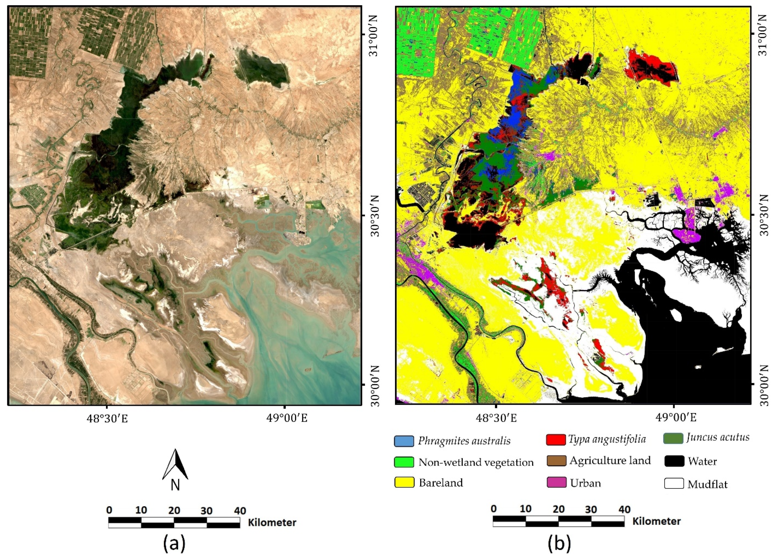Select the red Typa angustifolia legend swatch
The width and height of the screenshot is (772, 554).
(x=556, y=440)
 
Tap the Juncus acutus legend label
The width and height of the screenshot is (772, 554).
(x=718, y=437)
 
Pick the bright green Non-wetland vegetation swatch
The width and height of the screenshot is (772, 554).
(x=404, y=462)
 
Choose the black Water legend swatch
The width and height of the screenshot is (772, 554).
(x=674, y=461)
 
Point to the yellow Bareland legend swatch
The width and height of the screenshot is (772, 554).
(x=404, y=482)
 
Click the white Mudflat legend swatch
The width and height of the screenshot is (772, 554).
(x=674, y=483)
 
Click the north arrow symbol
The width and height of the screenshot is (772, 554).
(x=175, y=464)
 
